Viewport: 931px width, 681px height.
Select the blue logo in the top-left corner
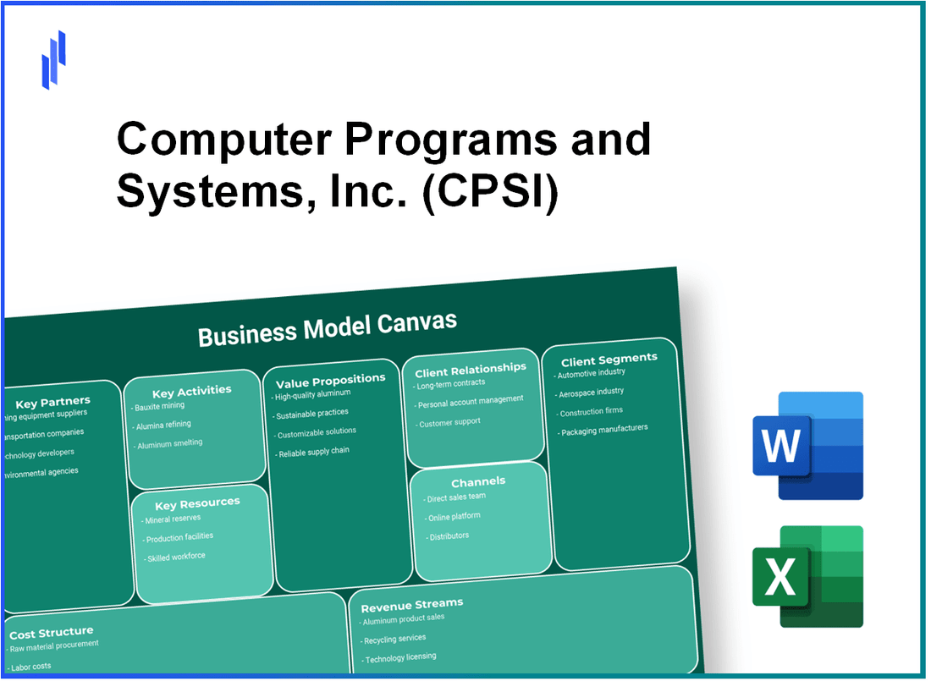tap(54, 59)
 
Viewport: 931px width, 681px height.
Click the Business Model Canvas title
tap(327, 328)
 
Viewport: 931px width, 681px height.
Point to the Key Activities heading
tap(191, 391)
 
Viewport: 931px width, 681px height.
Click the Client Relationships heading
tap(470, 369)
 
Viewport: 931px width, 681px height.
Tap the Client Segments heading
tap(609, 359)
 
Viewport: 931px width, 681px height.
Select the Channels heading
tap(478, 481)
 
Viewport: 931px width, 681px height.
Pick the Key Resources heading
tap(196, 503)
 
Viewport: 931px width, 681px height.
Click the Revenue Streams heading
tap(411, 604)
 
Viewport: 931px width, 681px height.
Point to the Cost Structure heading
tap(51, 632)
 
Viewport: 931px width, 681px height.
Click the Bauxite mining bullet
tap(161, 407)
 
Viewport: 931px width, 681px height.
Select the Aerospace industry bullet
tap(592, 392)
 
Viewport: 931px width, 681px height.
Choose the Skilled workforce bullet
tap(175, 557)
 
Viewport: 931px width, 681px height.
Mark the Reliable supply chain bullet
tap(312, 452)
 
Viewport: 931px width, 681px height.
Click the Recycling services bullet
tap(394, 639)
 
